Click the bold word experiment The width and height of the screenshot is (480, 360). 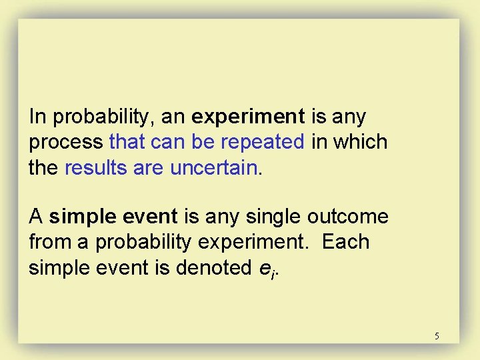point(248,117)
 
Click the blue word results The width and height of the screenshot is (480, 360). point(97,167)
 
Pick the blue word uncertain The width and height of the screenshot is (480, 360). point(213,167)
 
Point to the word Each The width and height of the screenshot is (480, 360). point(345,242)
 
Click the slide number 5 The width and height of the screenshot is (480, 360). point(437,336)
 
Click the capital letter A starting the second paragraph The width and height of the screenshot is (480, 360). point(36,217)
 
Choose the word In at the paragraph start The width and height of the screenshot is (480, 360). point(37,117)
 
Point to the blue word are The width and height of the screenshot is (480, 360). point(149,167)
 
